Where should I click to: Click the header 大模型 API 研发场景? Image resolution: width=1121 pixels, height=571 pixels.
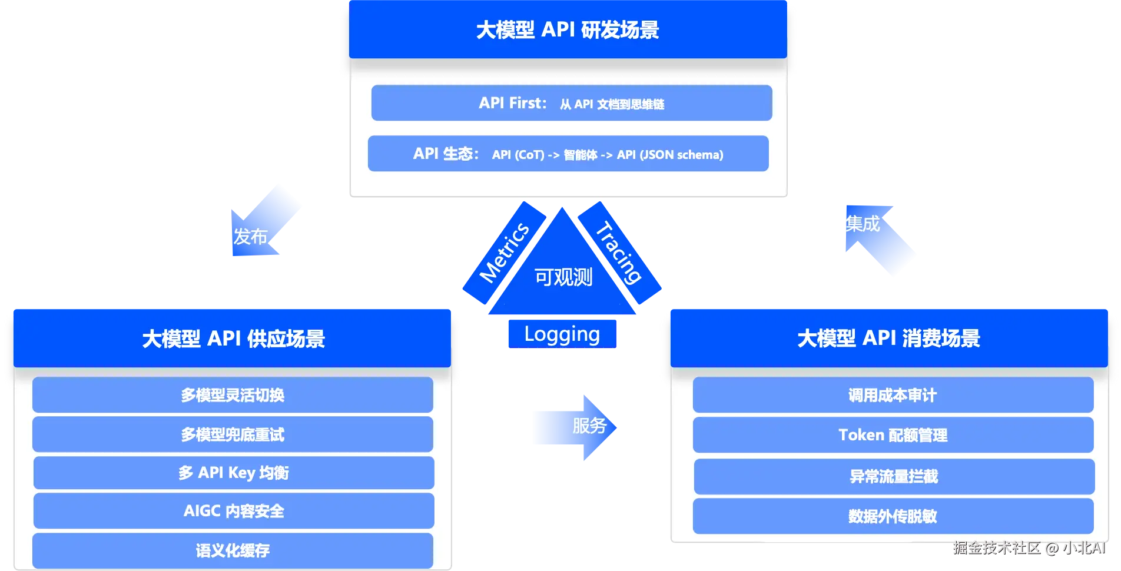click(568, 29)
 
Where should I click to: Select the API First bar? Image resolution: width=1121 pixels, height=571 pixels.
click(572, 103)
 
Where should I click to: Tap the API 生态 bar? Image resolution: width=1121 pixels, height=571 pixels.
click(568, 154)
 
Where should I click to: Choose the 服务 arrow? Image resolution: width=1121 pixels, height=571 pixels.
click(575, 427)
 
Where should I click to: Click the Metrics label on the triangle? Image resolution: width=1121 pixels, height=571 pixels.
click(505, 253)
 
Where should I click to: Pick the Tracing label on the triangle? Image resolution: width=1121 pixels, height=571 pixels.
click(619, 253)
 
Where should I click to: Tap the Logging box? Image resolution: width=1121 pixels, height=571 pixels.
click(562, 334)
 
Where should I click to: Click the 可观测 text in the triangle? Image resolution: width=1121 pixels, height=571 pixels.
click(563, 277)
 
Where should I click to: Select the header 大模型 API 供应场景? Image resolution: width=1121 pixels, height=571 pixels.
click(233, 338)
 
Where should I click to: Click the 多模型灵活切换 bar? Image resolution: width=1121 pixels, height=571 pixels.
click(233, 395)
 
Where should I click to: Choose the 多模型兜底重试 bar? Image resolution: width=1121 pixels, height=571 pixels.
click(233, 434)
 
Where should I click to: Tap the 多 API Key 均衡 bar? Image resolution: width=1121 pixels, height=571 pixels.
click(234, 473)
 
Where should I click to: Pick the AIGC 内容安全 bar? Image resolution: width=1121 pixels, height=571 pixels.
click(234, 511)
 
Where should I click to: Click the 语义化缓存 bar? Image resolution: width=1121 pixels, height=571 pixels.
click(233, 550)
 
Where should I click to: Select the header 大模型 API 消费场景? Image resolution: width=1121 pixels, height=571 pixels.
click(889, 338)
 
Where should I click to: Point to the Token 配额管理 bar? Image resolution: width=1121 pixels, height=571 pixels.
click(893, 435)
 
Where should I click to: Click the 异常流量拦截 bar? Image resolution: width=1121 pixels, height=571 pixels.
click(894, 476)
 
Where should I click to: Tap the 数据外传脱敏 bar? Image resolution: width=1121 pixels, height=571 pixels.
click(893, 516)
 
